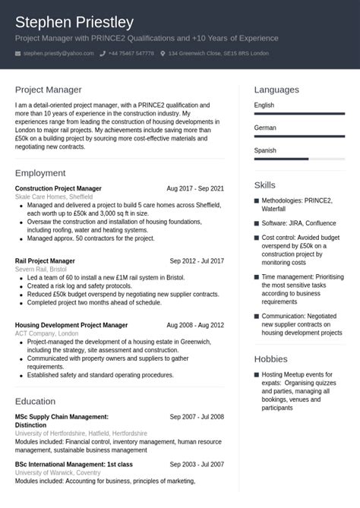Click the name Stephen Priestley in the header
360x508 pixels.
[x=74, y=21]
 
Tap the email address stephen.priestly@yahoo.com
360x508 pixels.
[x=58, y=53]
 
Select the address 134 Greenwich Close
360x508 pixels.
[x=219, y=53]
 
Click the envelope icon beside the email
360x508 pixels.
[x=18, y=53]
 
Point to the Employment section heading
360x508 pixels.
[x=45, y=172]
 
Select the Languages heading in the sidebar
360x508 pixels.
[x=276, y=90]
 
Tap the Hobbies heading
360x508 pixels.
[x=270, y=358]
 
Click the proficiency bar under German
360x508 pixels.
[x=298, y=136]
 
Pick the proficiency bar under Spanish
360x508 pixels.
[x=298, y=159]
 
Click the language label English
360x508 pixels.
[x=264, y=106]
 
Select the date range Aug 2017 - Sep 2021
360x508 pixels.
[x=195, y=188]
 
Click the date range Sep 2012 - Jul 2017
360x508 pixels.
[x=197, y=260]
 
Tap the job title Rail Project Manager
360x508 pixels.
[x=45, y=260]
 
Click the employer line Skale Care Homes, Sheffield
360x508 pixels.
[x=54, y=196]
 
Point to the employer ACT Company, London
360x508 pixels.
[x=46, y=333]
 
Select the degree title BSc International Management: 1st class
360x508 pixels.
[x=74, y=463]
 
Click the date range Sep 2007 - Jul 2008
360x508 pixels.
[x=197, y=417]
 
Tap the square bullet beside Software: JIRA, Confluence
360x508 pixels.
[x=257, y=224]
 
